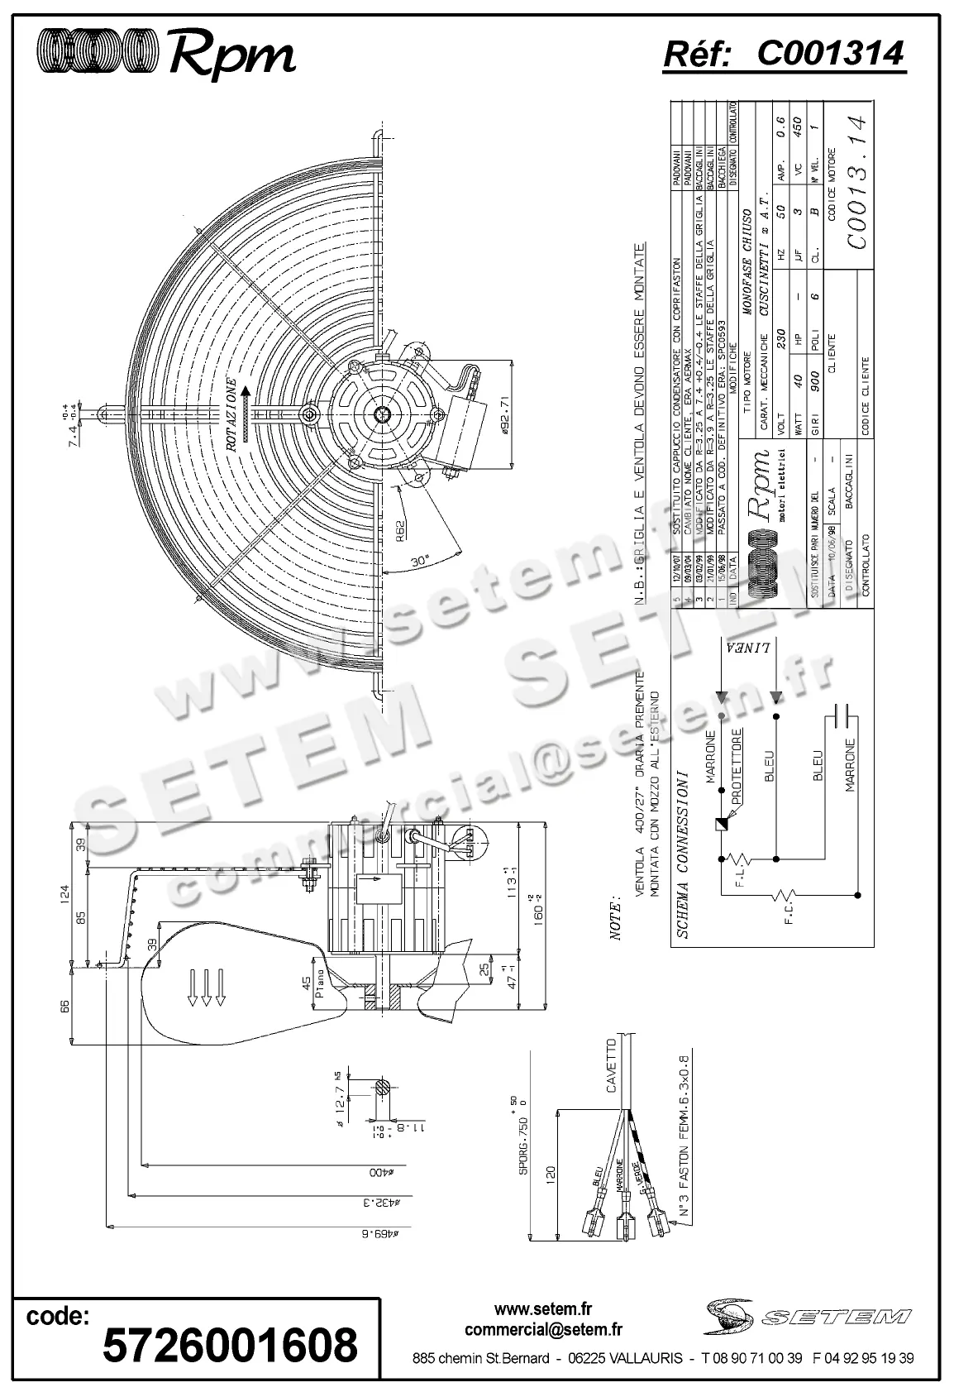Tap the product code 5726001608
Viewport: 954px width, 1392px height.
point(230,1344)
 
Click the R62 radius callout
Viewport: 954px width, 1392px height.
point(399,526)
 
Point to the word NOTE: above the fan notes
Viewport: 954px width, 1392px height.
point(616,917)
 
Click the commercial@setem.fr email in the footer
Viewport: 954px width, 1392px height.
point(544,1330)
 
